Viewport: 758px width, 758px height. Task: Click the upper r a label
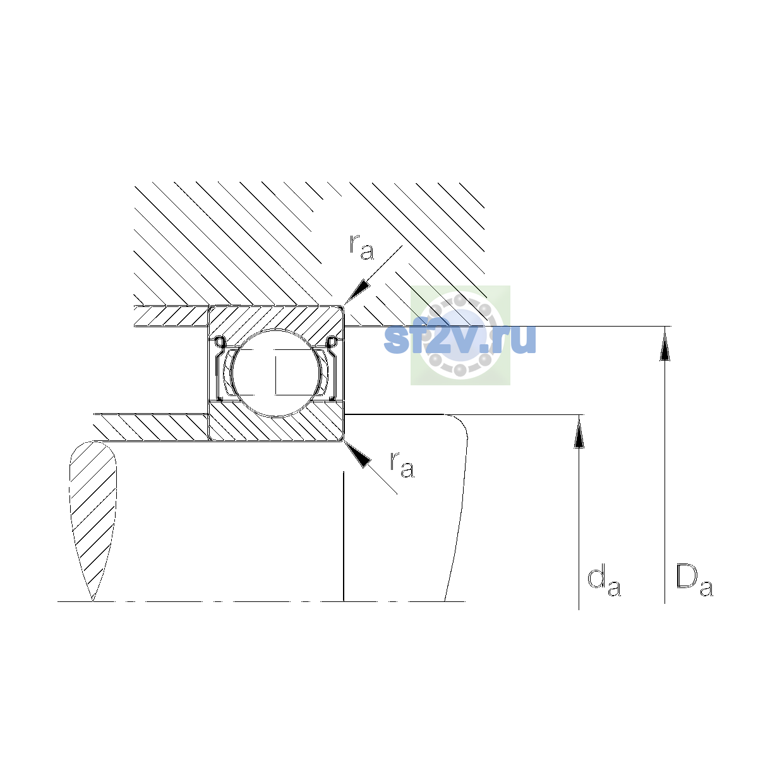[x=361, y=247]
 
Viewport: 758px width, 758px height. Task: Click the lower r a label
[x=402, y=465]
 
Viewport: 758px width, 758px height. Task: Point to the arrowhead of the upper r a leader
[x=356, y=292]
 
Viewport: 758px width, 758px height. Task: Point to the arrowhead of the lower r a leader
[x=357, y=454]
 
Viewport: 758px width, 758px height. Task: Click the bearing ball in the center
[x=276, y=373]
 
